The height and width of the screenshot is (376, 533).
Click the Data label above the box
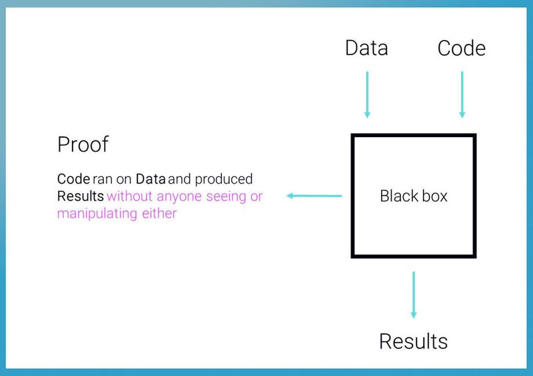366,48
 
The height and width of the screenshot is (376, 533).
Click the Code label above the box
461,48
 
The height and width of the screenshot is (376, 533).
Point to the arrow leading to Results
414,294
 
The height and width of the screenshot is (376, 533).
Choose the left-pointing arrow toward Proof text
314,196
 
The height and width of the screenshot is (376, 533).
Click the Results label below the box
413,341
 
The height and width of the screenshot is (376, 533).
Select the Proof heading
83,144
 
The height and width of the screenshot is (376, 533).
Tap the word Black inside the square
395,196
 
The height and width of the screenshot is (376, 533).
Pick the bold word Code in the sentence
73,179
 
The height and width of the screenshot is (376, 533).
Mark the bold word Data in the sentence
151,179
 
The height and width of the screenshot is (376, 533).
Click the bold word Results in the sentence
81,196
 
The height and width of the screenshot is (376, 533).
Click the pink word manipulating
95,214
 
